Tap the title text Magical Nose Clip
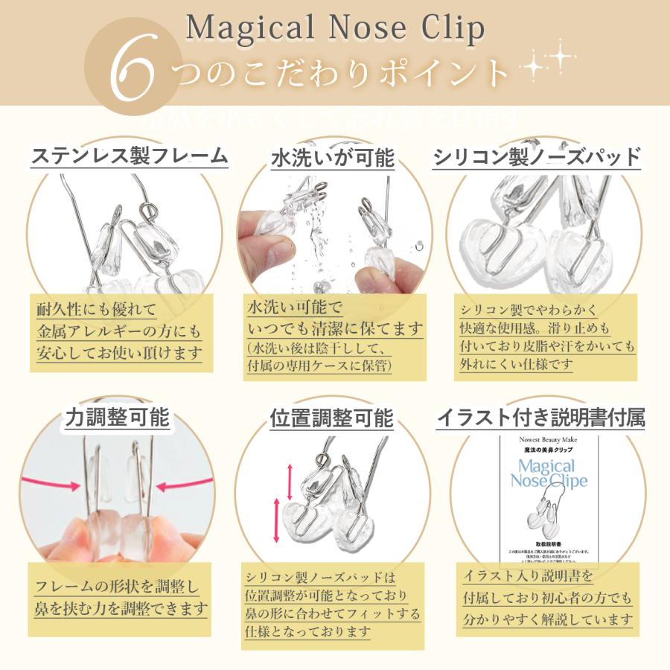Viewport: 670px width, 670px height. click(335, 28)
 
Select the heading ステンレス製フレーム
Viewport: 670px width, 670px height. click(129, 156)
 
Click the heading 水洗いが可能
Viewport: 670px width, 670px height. click(332, 158)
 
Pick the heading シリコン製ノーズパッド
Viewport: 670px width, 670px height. click(537, 157)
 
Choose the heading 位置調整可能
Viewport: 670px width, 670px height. click(332, 418)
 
